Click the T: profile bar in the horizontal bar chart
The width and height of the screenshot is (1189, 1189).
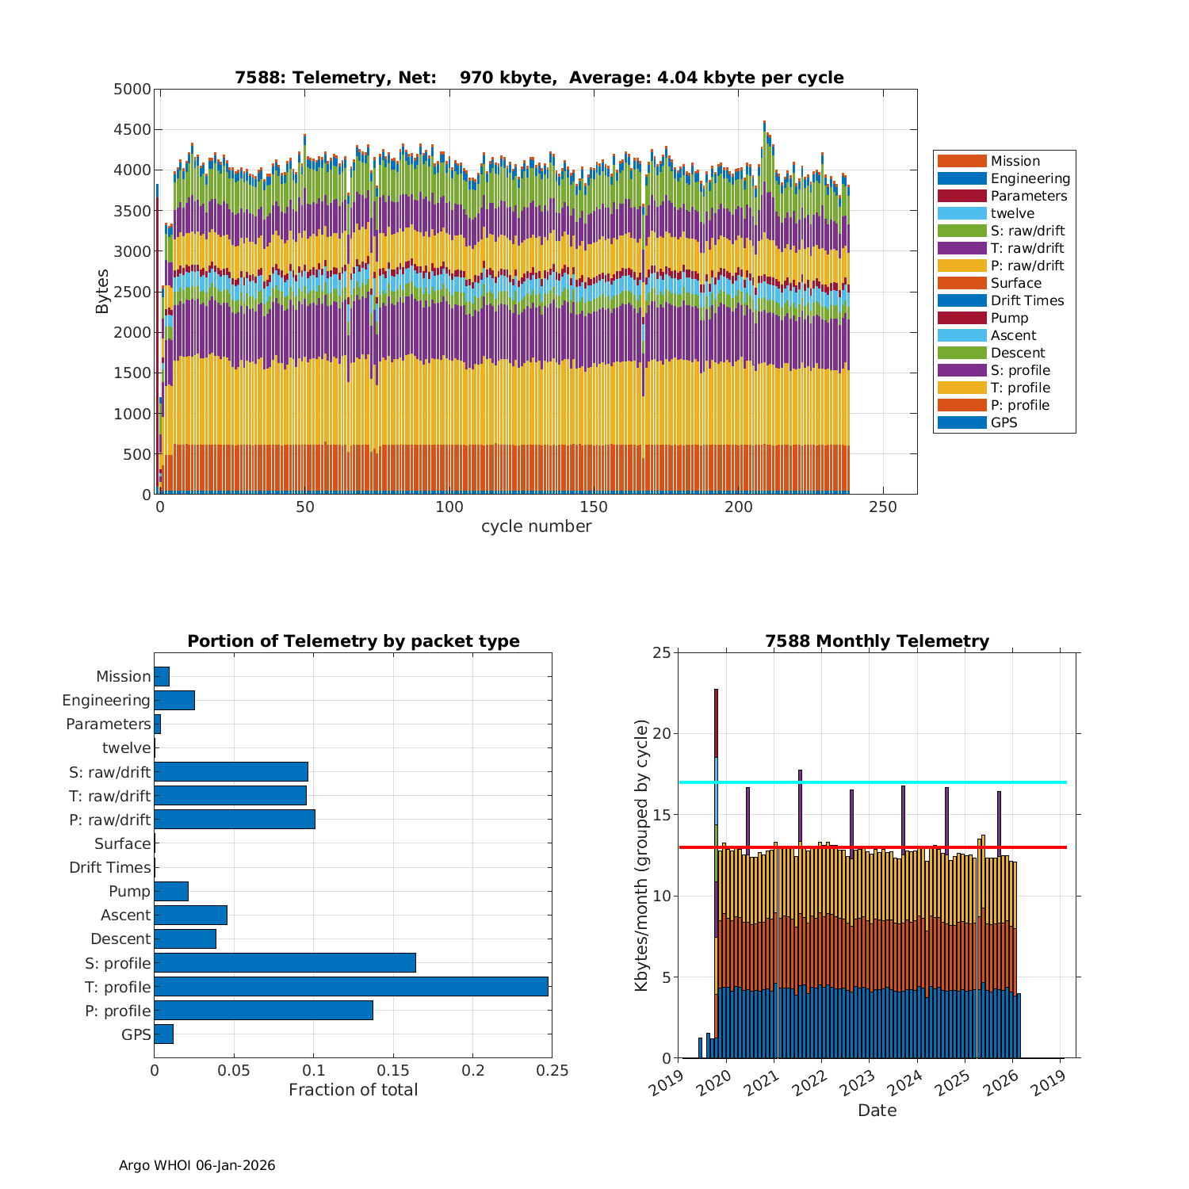(x=351, y=986)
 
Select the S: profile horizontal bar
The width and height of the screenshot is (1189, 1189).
(x=285, y=962)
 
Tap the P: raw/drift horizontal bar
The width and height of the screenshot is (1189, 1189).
(x=235, y=819)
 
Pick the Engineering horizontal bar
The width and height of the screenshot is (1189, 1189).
(x=174, y=700)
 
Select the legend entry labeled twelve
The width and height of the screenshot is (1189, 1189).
(x=1012, y=213)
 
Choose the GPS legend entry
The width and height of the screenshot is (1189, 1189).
(x=1004, y=422)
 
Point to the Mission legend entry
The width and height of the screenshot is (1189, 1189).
(x=1015, y=161)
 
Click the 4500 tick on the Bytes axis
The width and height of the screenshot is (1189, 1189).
(x=132, y=129)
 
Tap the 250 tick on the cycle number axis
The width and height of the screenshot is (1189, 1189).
(x=883, y=507)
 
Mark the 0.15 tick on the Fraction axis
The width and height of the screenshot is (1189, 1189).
(x=393, y=1071)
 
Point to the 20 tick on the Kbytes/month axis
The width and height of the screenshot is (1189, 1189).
(x=661, y=734)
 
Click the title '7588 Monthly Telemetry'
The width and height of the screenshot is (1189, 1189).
(x=877, y=641)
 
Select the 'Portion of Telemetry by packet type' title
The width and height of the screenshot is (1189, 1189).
(x=354, y=641)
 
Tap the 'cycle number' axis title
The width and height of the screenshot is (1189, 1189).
(x=536, y=526)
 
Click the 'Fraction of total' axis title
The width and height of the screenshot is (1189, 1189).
(x=353, y=1090)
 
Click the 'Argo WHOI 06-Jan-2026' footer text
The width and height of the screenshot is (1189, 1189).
(x=197, y=1165)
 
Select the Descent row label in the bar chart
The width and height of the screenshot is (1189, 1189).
(x=120, y=939)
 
